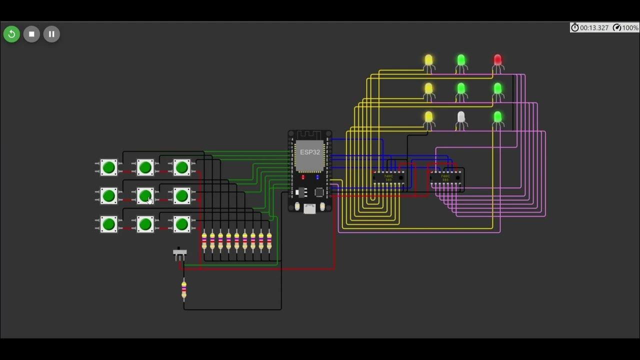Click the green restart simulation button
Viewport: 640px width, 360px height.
(11, 34)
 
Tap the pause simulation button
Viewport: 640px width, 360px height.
(51, 34)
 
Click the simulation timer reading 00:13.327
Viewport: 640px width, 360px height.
(590, 28)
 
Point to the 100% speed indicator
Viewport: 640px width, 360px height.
(625, 28)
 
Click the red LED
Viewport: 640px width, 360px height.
(497, 60)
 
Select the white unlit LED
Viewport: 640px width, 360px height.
(461, 117)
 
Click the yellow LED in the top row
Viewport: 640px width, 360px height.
(428, 60)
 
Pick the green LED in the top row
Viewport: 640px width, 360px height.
(461, 60)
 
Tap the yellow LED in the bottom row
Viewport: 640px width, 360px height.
(428, 117)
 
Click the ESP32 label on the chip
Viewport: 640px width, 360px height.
(310, 152)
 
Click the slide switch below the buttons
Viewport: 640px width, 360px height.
(179, 253)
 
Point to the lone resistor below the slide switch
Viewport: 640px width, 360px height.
(184, 290)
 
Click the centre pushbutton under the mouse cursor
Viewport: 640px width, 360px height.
(145, 196)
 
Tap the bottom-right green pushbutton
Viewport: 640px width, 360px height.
(181, 224)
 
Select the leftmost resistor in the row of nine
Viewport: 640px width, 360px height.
(204, 241)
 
